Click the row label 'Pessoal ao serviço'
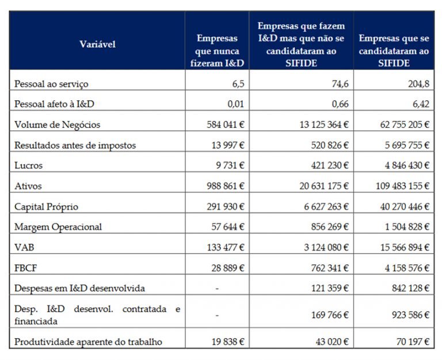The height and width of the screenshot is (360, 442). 51,84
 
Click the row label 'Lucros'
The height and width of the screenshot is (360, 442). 29,166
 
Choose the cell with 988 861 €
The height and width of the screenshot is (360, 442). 226,186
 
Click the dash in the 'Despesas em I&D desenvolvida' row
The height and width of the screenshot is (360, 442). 217,288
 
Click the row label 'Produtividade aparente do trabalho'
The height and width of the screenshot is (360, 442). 88,342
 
